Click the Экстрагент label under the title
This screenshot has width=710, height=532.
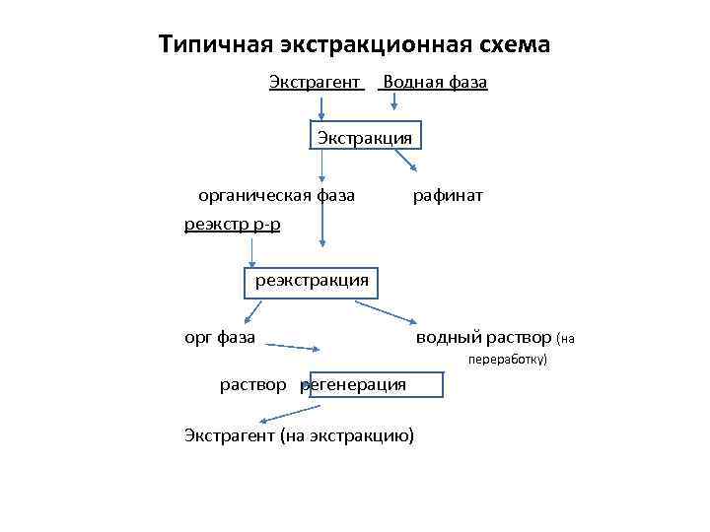coord(315,82)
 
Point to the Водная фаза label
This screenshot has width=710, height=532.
coord(434,82)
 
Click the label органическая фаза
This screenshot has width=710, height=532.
coord(276,195)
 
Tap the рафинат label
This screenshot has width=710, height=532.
coord(448,195)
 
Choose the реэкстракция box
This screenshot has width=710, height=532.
coord(312,280)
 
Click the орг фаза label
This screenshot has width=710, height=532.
coord(220,338)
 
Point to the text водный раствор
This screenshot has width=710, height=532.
coord(483,338)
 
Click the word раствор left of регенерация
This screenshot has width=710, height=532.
coord(253,384)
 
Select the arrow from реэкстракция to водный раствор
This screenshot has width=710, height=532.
coord(385,311)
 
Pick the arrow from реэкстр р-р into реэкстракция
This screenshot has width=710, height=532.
coord(251,251)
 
